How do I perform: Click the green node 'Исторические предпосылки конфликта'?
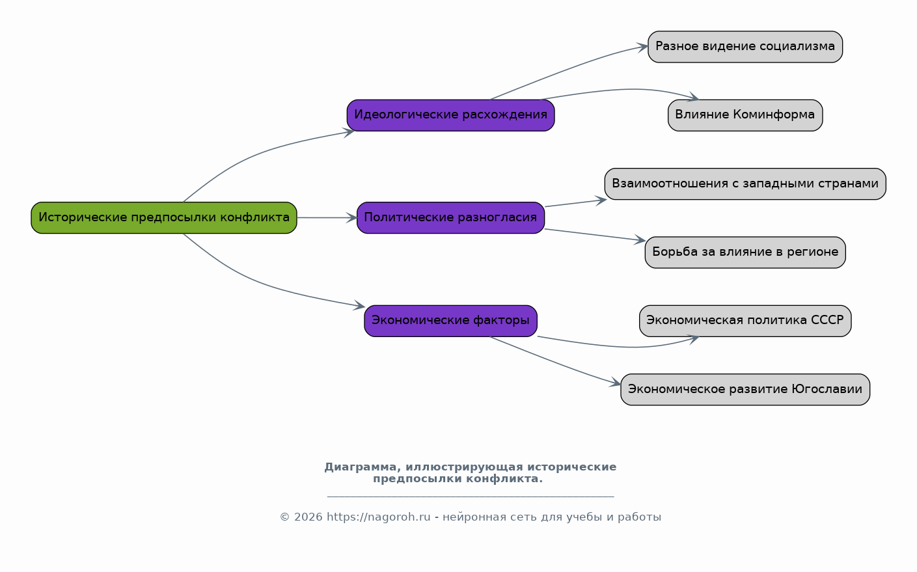point(164,218)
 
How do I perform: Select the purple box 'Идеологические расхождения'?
point(451,115)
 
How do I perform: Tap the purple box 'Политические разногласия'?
point(451,218)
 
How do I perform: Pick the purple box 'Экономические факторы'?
point(451,321)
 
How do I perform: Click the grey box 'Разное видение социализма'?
point(745,47)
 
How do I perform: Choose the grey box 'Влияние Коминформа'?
point(745,115)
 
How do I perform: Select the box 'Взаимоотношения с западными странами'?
point(745,184)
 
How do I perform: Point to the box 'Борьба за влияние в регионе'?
point(745,252)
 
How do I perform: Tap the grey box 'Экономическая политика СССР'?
point(745,321)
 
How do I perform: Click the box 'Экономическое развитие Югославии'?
point(745,389)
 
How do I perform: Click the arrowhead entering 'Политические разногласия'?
point(352,218)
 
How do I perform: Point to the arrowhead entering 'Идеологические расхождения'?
point(349,132)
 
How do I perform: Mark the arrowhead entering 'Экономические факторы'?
point(359,305)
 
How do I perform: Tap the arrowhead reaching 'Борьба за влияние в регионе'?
point(640,240)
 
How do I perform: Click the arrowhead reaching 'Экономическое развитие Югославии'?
point(615,383)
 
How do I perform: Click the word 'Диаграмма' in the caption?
point(361,467)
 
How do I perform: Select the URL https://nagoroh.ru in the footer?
point(378,517)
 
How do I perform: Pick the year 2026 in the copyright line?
point(308,517)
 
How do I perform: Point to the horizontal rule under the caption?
point(471,497)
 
